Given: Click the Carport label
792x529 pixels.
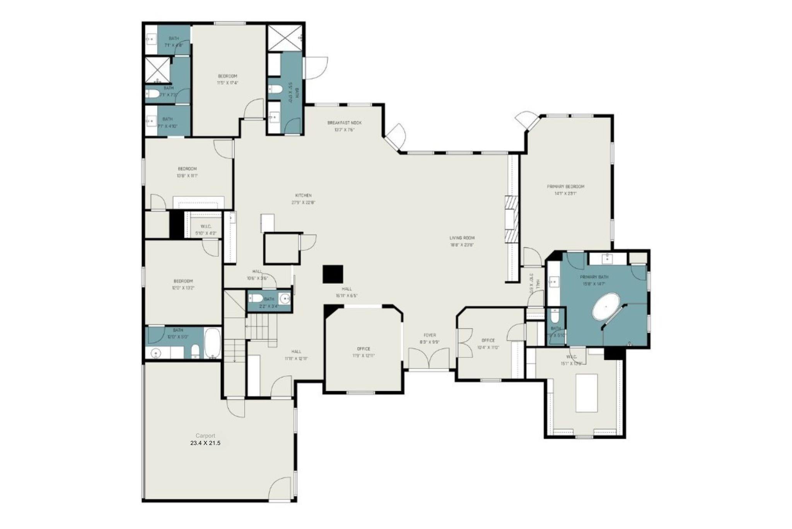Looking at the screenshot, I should (205, 436).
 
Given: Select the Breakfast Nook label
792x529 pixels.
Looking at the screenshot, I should (344, 123).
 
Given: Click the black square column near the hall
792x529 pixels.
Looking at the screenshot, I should (333, 274).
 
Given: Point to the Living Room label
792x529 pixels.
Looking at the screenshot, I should (462, 238).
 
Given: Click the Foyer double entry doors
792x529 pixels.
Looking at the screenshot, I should (429, 358).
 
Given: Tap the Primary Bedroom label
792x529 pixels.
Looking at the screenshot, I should (565, 186).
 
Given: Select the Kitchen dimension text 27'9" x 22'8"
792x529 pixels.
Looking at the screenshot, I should (304, 203).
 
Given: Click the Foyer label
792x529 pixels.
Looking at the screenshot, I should (430, 335).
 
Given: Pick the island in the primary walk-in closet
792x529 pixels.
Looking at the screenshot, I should (586, 393).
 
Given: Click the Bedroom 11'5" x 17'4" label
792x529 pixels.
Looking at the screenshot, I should (227, 76).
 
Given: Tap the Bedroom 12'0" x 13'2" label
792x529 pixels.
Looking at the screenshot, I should (183, 281).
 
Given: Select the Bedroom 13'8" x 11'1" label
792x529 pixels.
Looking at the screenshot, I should (187, 169).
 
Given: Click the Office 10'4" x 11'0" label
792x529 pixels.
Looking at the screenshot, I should (488, 340).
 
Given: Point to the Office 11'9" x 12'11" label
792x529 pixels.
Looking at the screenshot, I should (364, 349).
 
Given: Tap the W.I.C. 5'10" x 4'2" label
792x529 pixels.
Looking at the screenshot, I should (205, 227).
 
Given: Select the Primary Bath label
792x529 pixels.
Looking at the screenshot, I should (594, 277).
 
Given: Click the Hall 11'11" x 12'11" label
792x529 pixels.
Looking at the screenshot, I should (296, 352).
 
